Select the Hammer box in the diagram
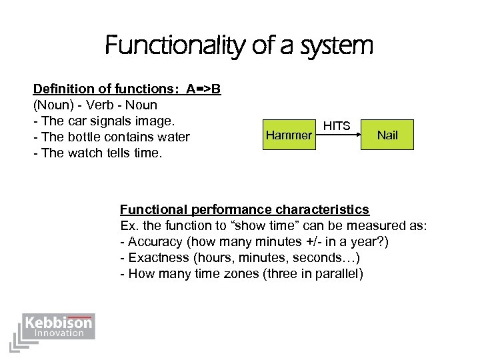(x=289, y=135)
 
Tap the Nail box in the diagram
(x=387, y=135)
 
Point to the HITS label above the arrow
(x=337, y=125)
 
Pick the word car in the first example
(x=73, y=121)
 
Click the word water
(x=174, y=137)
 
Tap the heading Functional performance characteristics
(x=244, y=209)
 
